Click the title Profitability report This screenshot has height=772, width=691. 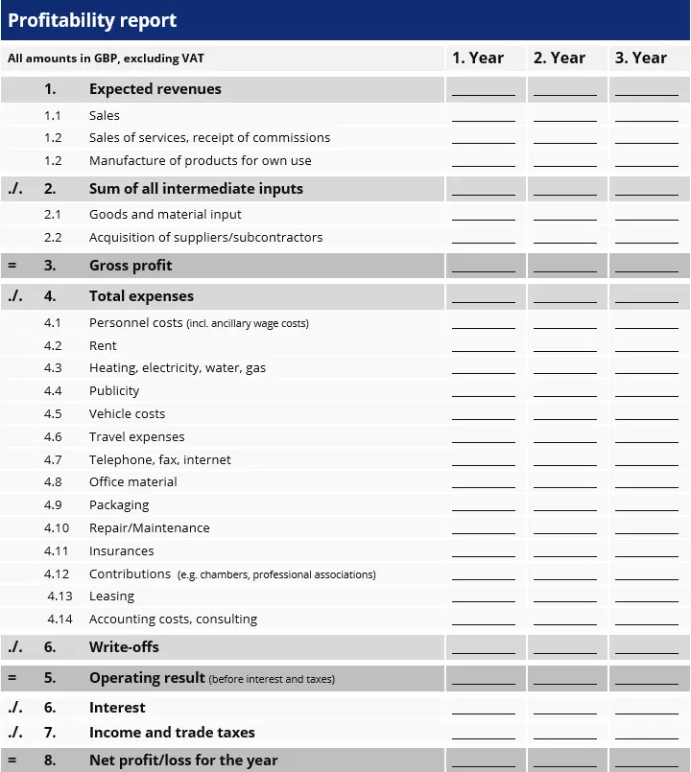point(92,20)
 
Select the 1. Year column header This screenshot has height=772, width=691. point(478,58)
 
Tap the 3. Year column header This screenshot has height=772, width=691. point(641,58)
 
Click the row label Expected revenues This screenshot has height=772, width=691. point(155,89)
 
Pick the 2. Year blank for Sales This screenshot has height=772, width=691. point(565,116)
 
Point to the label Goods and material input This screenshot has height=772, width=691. point(165,215)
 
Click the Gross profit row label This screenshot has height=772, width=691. point(131,266)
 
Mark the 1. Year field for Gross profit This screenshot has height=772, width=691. point(484,267)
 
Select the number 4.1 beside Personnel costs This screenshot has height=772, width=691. point(53,323)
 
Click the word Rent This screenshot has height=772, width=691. point(103,346)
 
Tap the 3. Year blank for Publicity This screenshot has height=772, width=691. point(647,392)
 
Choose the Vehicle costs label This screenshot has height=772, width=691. point(127,414)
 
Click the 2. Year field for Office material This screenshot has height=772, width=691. point(565,483)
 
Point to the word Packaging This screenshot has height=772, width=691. point(119,505)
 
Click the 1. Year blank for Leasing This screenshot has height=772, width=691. point(484,597)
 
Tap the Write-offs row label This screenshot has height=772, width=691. point(124,647)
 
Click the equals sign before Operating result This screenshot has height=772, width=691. point(12,678)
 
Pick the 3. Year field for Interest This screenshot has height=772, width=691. point(647,709)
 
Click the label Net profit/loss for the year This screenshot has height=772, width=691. point(183,760)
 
